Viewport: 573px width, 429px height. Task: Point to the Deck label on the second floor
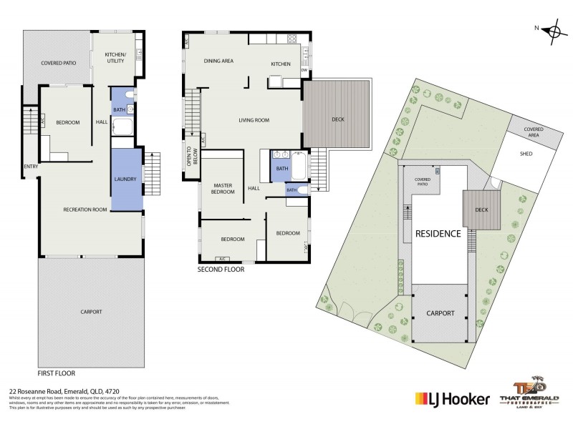point(338,119)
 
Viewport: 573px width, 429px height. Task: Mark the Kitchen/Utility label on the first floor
point(115,57)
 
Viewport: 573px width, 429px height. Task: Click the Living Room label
point(254,120)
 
